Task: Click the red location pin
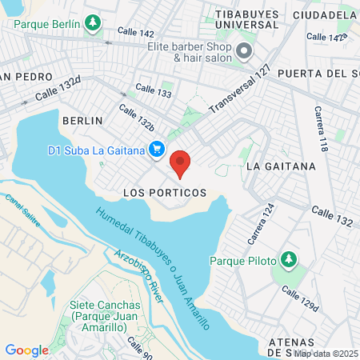[181, 163]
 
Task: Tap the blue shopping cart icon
[158, 150]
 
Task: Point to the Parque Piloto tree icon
[289, 261]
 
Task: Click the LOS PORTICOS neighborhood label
[165, 193]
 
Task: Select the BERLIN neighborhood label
[82, 120]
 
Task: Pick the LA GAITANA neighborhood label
[281, 166]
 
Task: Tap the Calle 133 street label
[154, 91]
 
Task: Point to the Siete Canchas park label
[105, 310]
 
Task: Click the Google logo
[26, 350]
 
